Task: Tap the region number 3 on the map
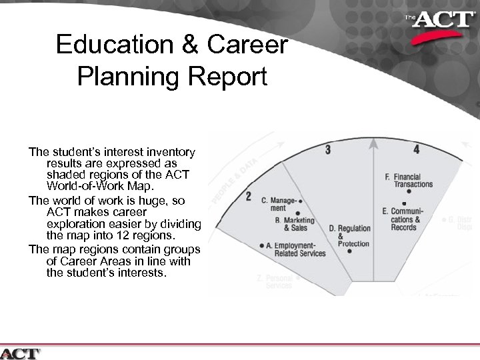point(327,150)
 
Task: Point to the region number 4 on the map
point(416,150)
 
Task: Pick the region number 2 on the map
point(248,197)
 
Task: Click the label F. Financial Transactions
point(409,180)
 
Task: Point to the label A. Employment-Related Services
point(296,249)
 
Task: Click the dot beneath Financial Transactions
point(409,191)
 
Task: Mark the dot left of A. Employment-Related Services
point(263,245)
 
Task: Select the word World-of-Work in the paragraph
point(79,185)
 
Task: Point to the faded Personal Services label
point(279,281)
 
